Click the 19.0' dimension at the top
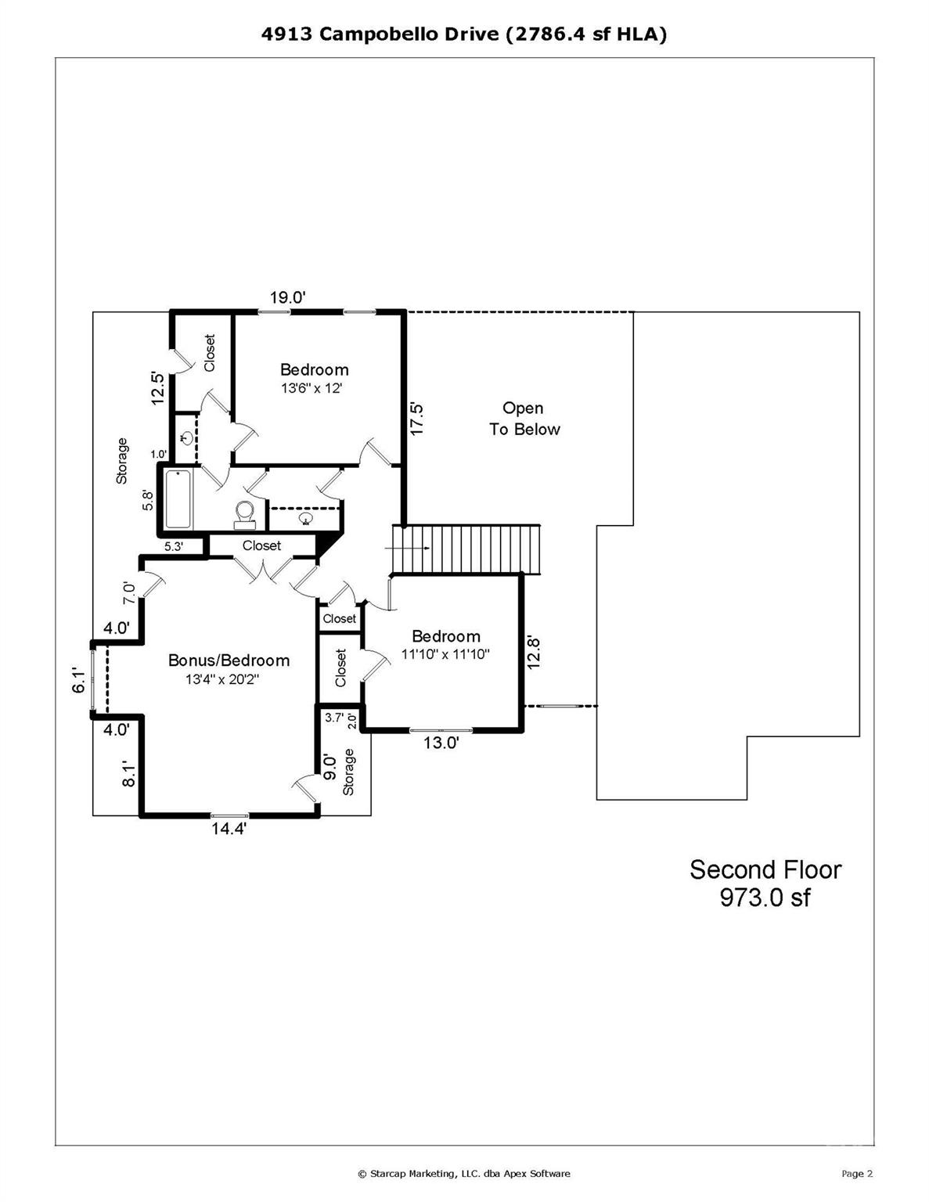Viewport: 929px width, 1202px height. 287,297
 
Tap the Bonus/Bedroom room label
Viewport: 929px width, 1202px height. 229,660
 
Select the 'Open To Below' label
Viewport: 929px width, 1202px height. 524,419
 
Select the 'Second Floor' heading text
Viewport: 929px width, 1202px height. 765,869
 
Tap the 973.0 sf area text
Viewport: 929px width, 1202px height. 765,898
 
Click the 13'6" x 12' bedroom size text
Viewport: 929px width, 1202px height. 312,388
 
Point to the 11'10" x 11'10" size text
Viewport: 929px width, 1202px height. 445,654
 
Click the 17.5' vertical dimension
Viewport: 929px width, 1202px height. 416,419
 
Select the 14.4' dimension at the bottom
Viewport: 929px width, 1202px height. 229,830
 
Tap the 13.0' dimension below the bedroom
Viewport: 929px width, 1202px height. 441,743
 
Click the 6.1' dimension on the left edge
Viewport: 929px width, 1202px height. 78,680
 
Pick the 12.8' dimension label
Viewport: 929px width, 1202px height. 534,651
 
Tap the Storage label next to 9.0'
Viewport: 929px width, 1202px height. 349,772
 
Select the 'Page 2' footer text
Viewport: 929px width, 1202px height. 857,1173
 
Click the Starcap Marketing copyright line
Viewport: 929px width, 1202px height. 463,1173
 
